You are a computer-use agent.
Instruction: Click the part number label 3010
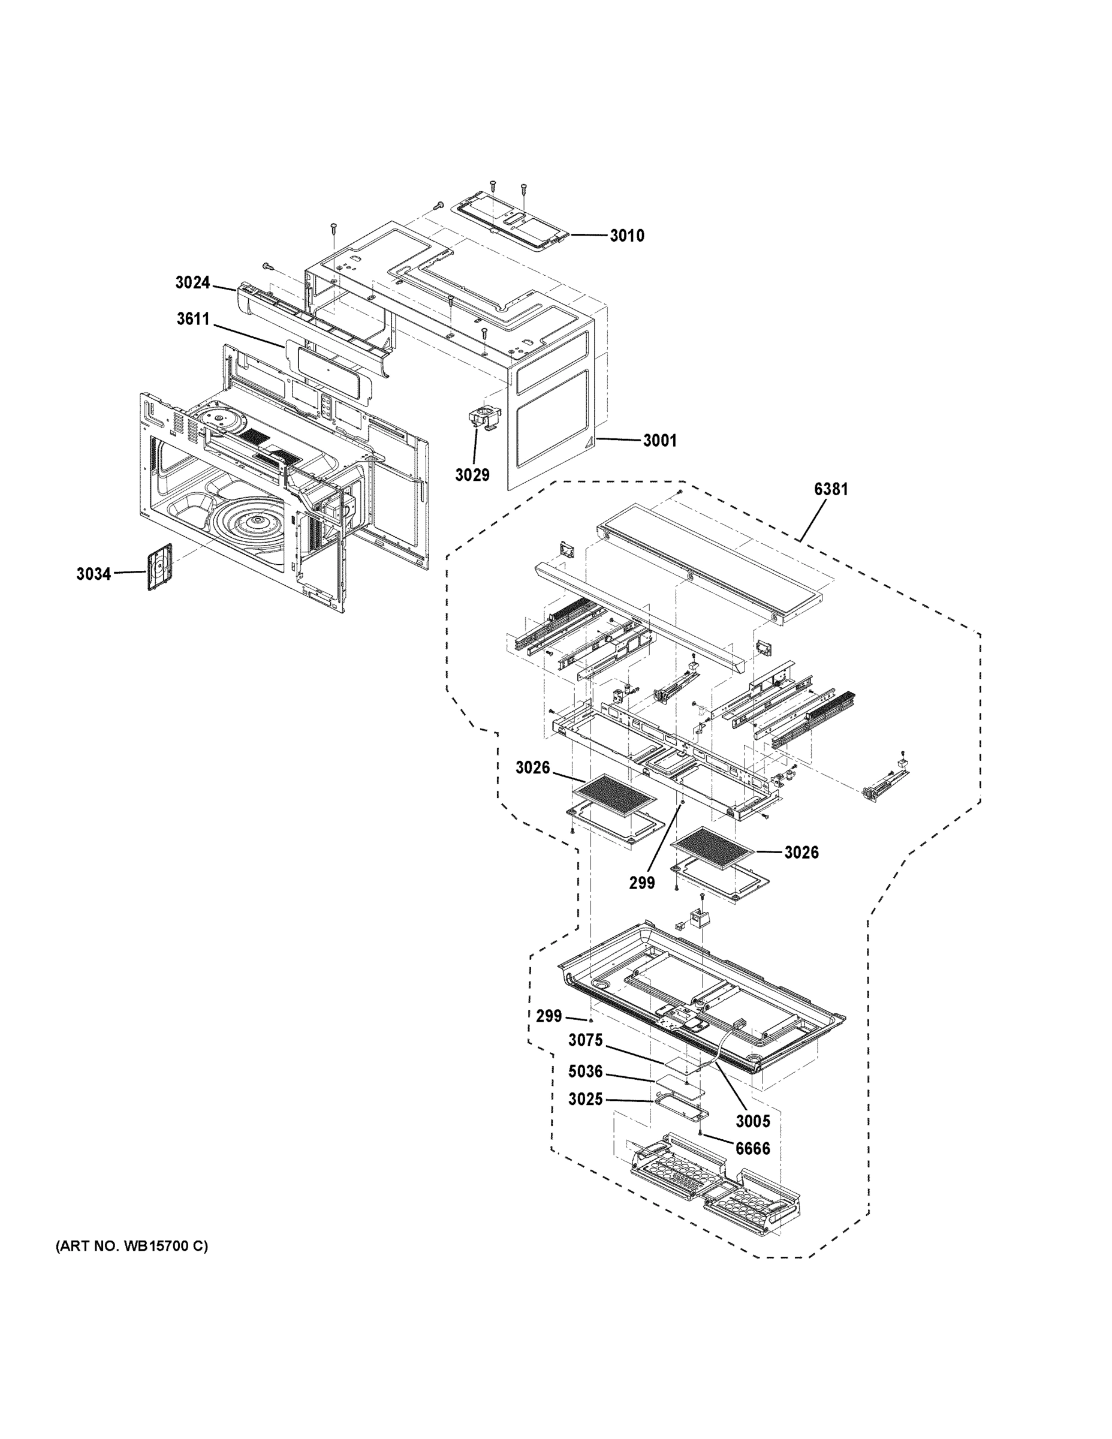[626, 236]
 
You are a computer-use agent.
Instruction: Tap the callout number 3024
[192, 282]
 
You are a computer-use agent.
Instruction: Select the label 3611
[192, 320]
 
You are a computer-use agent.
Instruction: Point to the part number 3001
[659, 441]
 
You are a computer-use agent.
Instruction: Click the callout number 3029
[472, 475]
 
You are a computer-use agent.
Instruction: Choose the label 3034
[94, 574]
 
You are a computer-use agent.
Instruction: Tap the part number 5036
[586, 1072]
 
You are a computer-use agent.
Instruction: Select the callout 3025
[586, 1100]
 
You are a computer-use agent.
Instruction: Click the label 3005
[752, 1121]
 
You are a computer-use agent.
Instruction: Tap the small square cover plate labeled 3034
[159, 567]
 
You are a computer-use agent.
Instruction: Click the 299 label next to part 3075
[549, 1016]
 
